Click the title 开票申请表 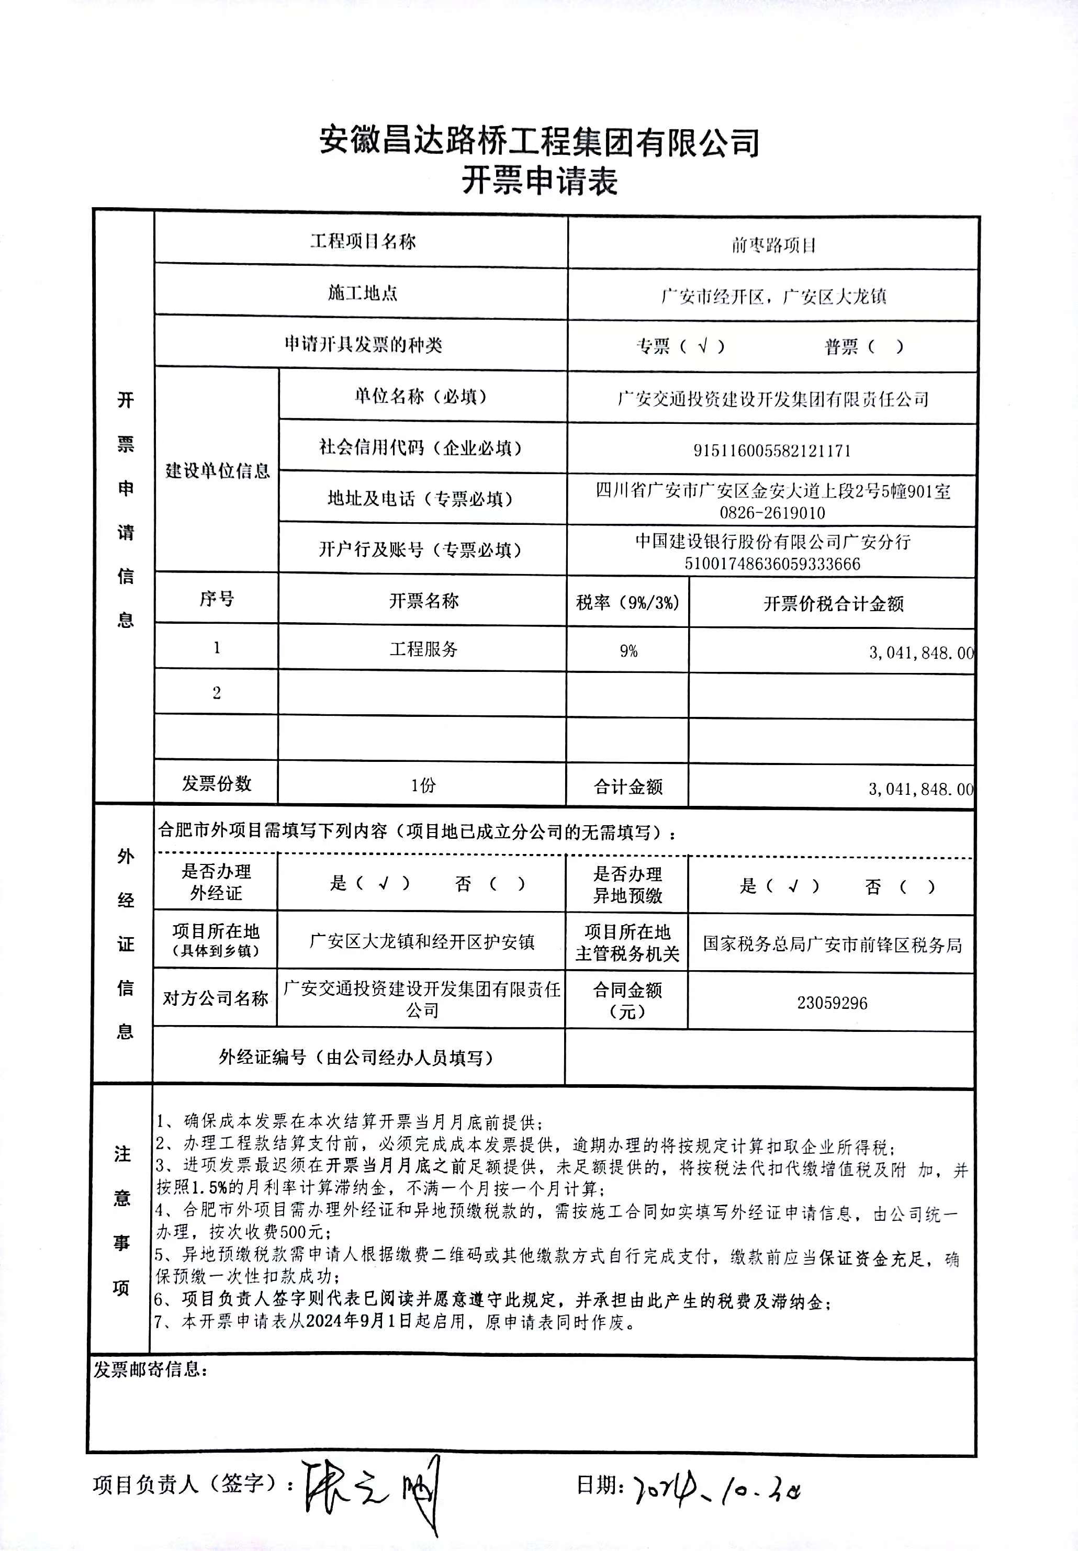tap(539, 181)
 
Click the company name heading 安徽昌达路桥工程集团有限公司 tap(539, 141)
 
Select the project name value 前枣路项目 tap(773, 244)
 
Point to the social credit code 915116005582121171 tap(771, 451)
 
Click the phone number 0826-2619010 tap(772, 512)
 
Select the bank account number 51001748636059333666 tap(772, 563)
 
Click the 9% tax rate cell tap(628, 650)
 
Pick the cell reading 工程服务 tap(423, 649)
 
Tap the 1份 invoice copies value tap(423, 784)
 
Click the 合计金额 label tap(627, 786)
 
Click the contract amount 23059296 tap(832, 1003)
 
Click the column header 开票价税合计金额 tap(833, 603)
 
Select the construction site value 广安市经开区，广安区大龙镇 tap(773, 296)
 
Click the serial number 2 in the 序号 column tap(216, 693)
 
